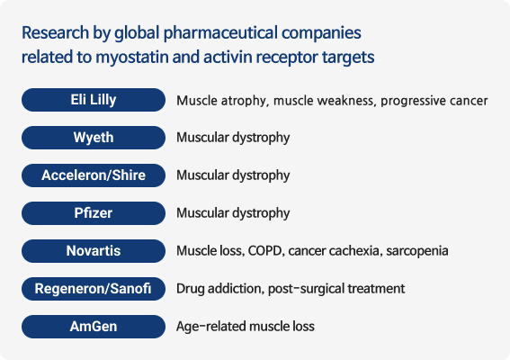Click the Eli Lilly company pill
[94, 100]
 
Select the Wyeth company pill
[94, 138]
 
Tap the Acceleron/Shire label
[94, 175]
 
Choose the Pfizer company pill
[94, 213]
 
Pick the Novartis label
[94, 251]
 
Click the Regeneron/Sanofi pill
[94, 289]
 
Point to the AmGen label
[94, 327]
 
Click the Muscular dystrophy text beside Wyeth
[233, 138]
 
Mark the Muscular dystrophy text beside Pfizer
[233, 213]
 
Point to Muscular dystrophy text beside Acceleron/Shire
[233, 175]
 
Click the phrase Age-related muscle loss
[246, 327]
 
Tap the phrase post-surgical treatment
[336, 289]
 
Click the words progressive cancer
[434, 101]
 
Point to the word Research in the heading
[55, 32]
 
